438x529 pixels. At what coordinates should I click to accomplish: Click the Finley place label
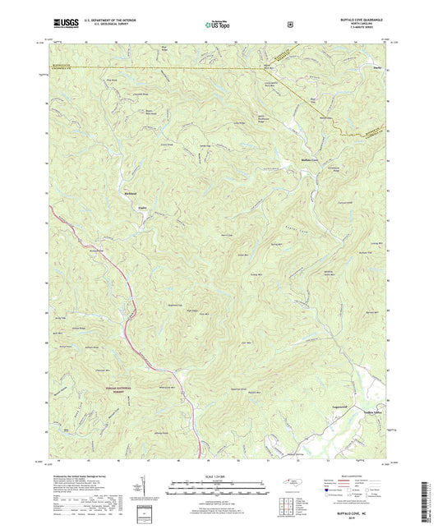coord(141,208)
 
